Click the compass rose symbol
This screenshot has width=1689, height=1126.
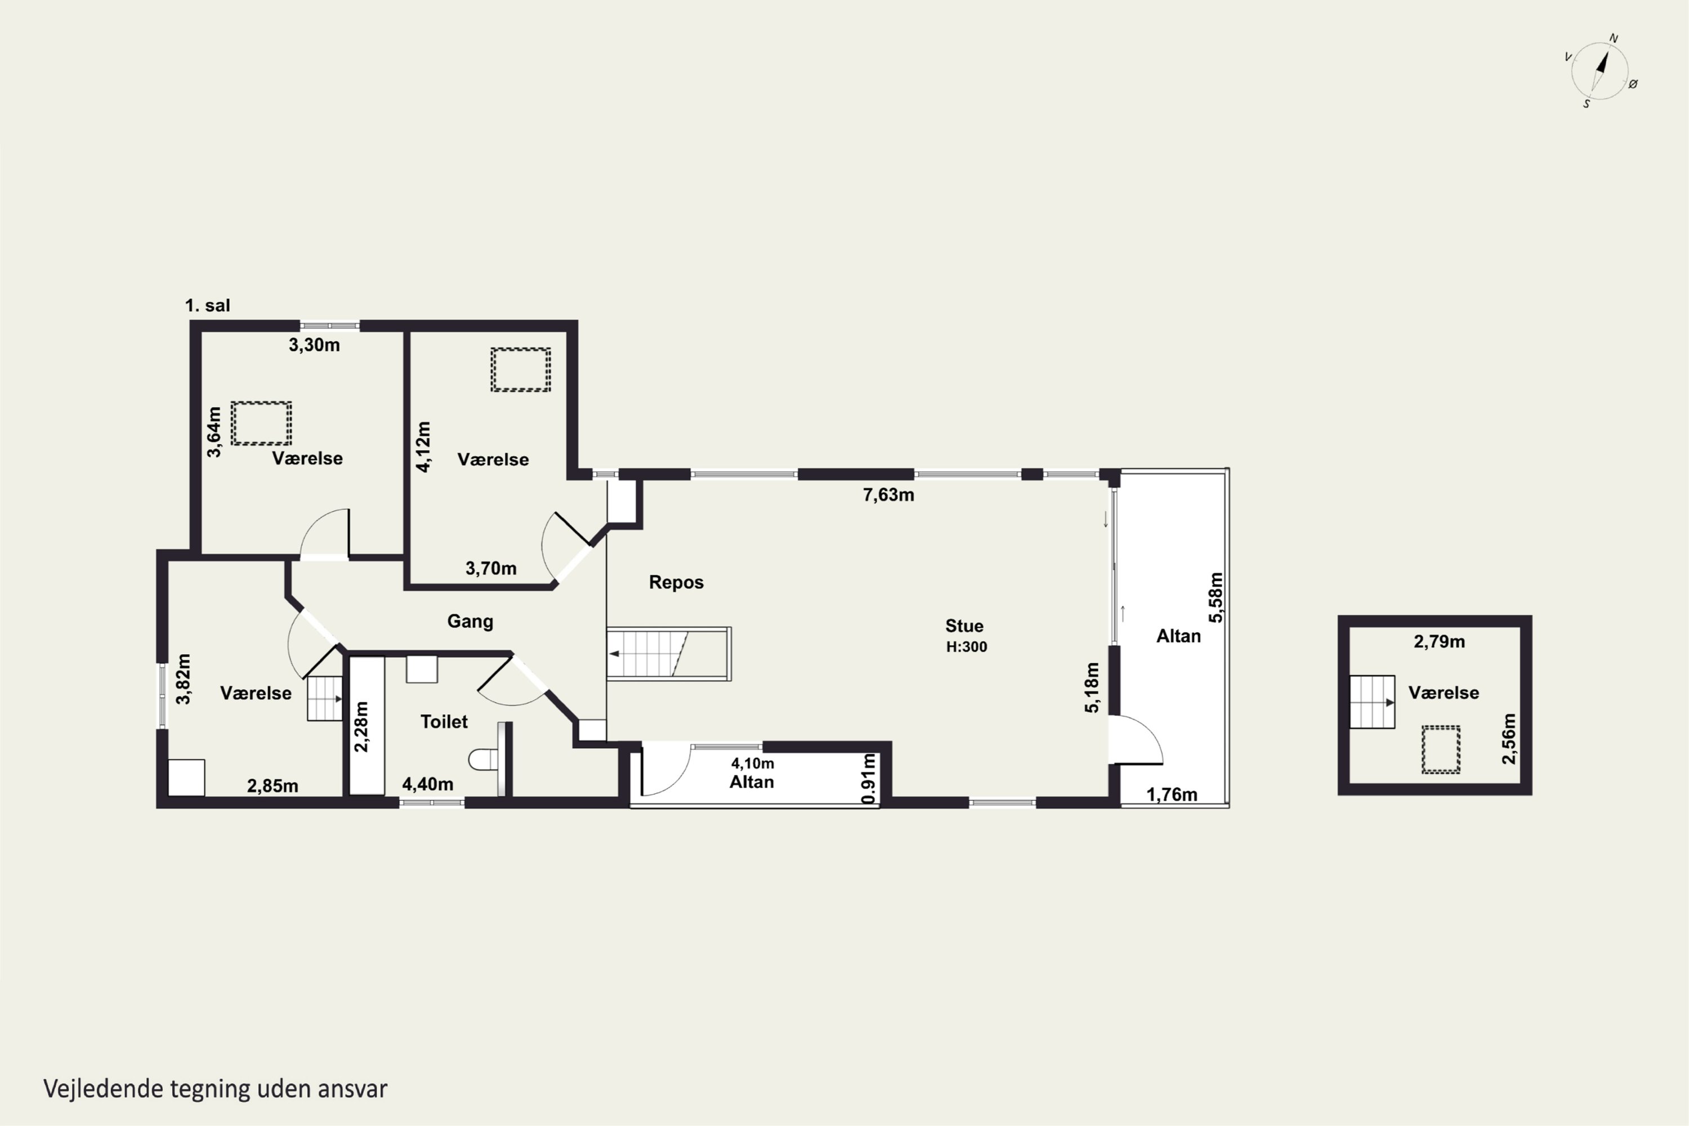(1601, 71)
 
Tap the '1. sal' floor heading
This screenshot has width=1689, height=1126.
(208, 305)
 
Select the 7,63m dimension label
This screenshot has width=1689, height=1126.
(888, 495)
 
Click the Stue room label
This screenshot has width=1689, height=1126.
(964, 625)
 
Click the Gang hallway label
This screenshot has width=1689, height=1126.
(470, 621)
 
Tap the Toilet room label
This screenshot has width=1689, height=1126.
(444, 722)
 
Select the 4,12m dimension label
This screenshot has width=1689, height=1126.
(424, 446)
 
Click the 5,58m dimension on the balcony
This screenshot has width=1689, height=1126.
(1215, 597)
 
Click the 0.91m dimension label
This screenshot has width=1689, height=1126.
(868, 779)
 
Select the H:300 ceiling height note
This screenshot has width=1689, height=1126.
(966, 647)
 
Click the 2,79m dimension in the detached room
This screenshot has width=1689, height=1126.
(1439, 642)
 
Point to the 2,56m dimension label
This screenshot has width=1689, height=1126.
(1509, 739)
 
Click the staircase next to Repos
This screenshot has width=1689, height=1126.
(669, 654)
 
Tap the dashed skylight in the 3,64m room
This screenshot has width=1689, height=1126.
(261, 423)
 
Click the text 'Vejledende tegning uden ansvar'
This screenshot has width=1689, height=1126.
(216, 1089)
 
